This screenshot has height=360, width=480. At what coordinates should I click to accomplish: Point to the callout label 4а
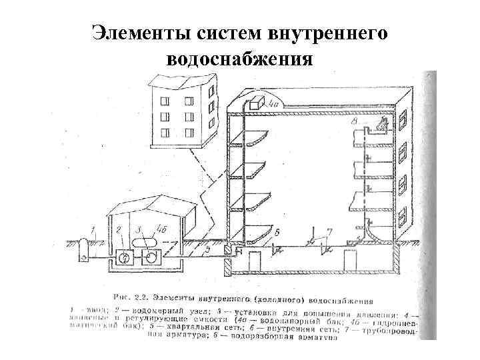[x=273, y=104]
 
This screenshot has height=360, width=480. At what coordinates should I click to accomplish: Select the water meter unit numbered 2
[x=124, y=257]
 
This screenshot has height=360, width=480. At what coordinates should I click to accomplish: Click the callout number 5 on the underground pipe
[x=207, y=249]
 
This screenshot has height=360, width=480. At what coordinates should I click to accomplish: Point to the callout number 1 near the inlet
[x=93, y=230]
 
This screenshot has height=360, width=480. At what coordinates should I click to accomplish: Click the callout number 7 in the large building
[x=329, y=231]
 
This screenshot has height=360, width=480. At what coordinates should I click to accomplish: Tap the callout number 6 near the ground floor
[x=277, y=231]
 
